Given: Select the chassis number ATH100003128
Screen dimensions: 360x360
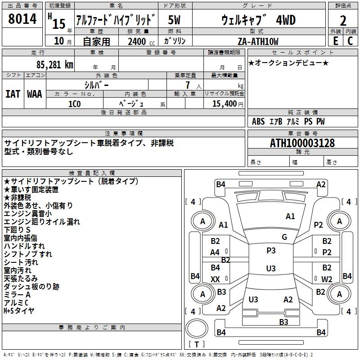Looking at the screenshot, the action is tap(302, 144).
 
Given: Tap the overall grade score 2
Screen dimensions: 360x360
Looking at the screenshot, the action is tap(343, 21).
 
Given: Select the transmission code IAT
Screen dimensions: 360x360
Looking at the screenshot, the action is tap(13, 94).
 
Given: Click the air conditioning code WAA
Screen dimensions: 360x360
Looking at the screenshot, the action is tap(35, 94).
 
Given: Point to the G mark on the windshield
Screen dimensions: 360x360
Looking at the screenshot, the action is tap(284, 237).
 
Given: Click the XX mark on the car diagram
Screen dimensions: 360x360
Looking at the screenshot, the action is tap(215, 279).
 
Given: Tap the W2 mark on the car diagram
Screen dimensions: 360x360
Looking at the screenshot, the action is tap(327, 279).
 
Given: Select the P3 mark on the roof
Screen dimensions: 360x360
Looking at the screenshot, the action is tap(271, 251).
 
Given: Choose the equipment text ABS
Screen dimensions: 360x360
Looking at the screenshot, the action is tap(258, 121).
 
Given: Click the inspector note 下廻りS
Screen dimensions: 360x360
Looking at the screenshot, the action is tap(17, 229).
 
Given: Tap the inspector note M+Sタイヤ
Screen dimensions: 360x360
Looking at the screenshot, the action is tap(19, 310).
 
